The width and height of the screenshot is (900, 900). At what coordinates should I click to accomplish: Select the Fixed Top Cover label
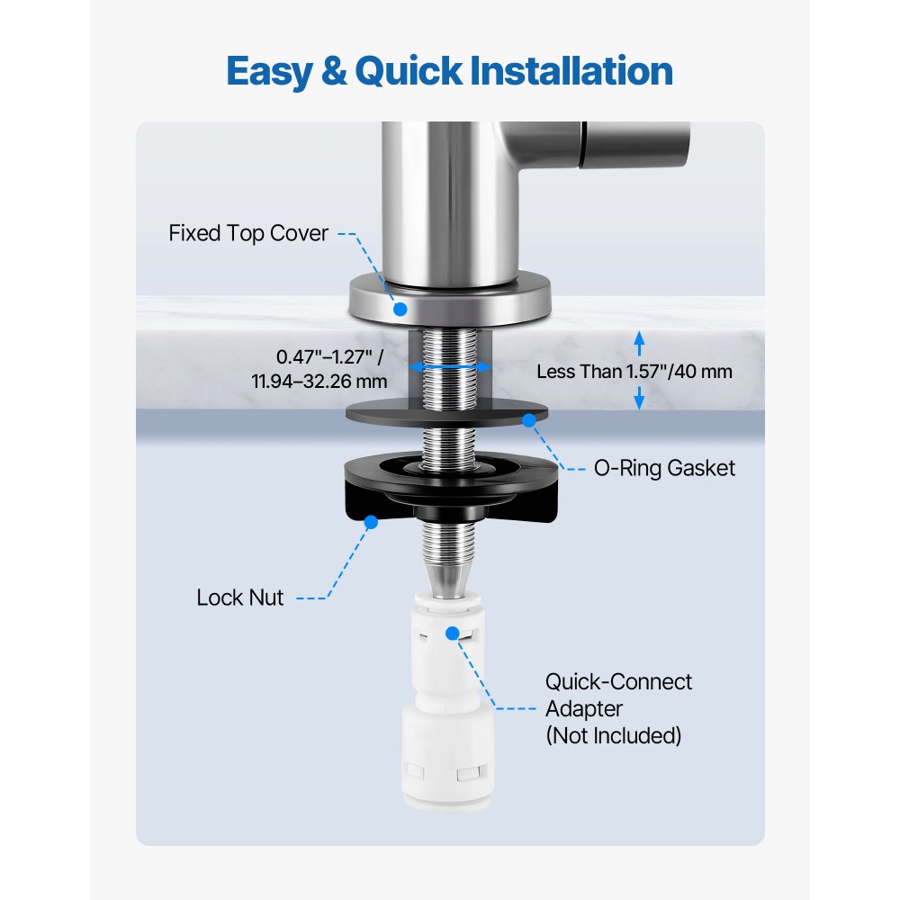point(248,234)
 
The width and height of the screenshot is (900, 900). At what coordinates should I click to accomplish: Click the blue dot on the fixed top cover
point(400,309)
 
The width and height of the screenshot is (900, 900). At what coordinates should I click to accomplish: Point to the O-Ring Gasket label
point(666,468)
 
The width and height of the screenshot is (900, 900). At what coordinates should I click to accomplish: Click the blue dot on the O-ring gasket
point(529,419)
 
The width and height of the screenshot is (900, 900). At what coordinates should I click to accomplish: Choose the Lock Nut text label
point(240,598)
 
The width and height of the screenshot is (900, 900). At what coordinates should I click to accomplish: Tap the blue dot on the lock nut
point(369,519)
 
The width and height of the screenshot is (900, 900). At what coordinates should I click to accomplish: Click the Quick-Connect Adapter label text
point(618,695)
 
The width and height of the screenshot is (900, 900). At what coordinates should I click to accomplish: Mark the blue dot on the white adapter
point(453,634)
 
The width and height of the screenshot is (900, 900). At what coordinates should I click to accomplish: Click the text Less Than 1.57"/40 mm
point(634,371)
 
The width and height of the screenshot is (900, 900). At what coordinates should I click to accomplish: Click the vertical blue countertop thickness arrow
point(639,371)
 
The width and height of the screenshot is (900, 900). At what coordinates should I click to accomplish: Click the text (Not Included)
point(613,735)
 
